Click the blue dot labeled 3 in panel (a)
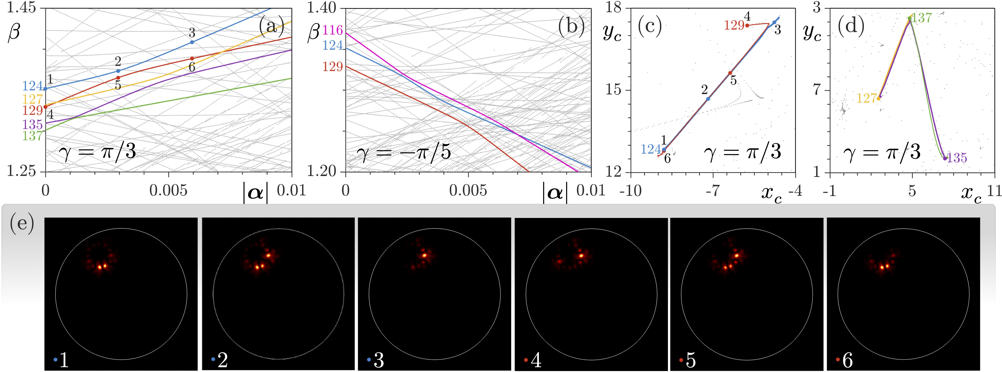click(x=192, y=42)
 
